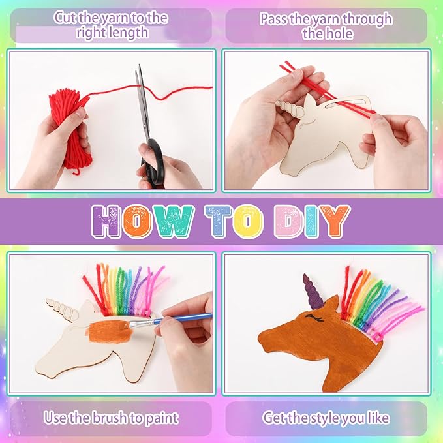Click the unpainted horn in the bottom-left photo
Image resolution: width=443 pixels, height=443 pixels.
(63, 305)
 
